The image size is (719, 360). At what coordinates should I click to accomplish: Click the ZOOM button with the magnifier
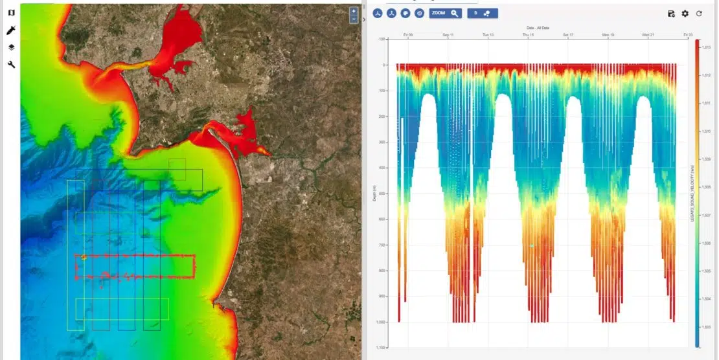click(445, 13)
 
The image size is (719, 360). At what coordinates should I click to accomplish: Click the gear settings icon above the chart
click(685, 14)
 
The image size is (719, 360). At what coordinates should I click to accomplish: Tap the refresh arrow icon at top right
click(700, 14)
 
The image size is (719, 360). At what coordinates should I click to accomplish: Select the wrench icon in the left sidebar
click(11, 64)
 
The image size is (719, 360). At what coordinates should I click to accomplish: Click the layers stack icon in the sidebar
click(11, 47)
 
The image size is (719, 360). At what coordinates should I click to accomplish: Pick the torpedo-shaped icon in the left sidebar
click(11, 30)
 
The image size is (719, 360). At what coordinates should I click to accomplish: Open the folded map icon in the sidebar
click(11, 13)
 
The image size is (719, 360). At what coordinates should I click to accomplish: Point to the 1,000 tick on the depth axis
click(382, 322)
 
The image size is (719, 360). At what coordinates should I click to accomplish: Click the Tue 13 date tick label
click(488, 34)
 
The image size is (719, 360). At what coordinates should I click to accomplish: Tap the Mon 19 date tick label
click(608, 34)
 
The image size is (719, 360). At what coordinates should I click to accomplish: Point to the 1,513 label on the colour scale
click(707, 47)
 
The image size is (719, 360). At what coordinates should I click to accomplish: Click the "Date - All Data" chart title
click(538, 28)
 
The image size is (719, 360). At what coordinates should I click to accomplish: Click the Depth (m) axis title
click(374, 193)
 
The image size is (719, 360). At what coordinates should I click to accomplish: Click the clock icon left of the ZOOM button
click(419, 13)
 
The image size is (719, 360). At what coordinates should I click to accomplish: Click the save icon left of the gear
click(671, 14)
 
